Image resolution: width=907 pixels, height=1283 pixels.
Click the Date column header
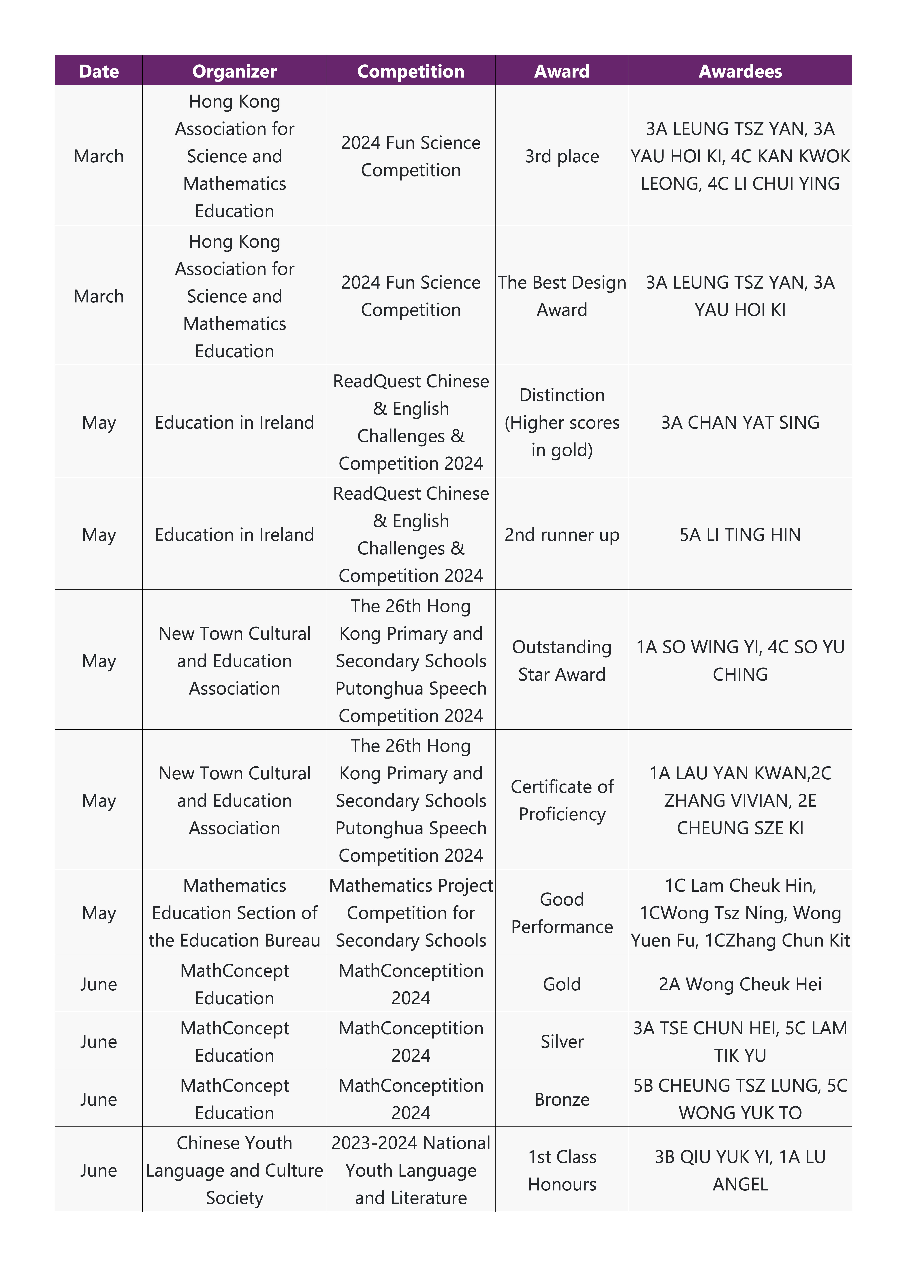pos(99,71)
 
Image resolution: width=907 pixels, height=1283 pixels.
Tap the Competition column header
pos(411,71)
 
